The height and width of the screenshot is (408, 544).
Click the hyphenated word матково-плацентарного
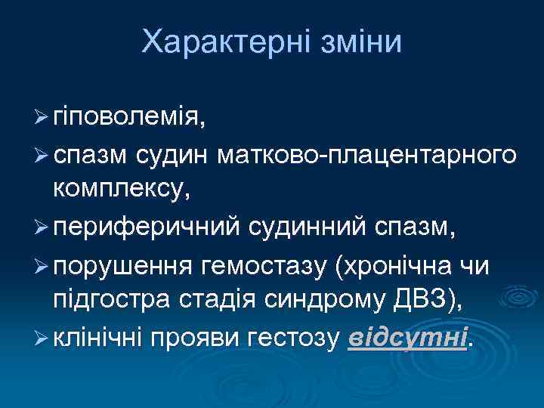click(366, 156)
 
